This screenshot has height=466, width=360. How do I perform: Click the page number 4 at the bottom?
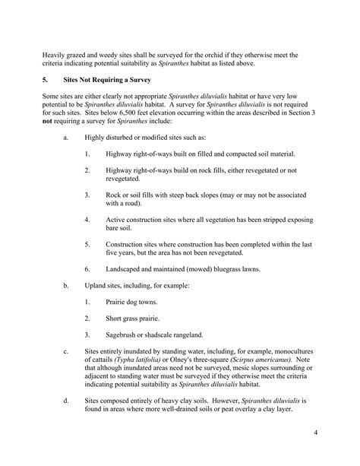point(314,433)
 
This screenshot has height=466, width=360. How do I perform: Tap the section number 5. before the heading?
point(45,79)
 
